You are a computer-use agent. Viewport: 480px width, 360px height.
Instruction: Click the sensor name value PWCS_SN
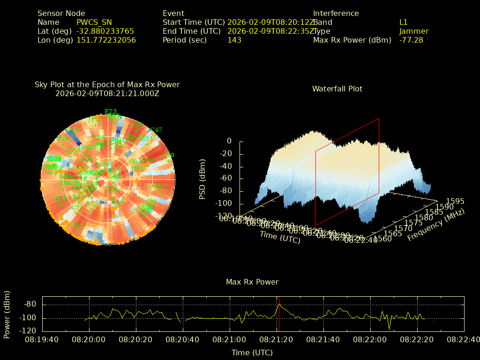point(94,22)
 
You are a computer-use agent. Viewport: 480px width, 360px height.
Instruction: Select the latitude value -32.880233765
point(105,31)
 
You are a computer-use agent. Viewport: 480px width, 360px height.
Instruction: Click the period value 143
point(234,40)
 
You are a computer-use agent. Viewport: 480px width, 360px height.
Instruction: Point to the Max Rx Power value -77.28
point(411,40)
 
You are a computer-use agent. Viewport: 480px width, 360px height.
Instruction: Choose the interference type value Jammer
point(413,31)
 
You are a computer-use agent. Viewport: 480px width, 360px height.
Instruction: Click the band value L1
point(404,22)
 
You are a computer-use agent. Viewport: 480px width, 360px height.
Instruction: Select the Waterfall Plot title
point(337,89)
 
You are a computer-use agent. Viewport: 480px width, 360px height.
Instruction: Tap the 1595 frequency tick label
point(455,201)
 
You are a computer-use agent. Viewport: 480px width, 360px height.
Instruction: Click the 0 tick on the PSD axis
point(229,141)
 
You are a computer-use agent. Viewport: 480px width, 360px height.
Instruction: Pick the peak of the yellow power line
point(279,304)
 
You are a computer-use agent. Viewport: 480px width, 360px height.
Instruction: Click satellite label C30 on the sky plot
point(168,155)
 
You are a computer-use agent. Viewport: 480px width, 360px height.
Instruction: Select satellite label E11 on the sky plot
point(80,225)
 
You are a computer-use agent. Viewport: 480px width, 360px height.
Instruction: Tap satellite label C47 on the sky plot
point(156,130)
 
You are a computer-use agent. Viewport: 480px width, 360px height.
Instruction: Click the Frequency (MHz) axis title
point(435,225)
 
